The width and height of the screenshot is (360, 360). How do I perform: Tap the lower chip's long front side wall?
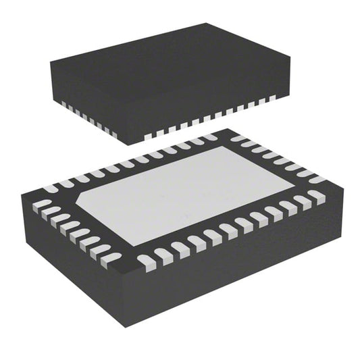[236, 270]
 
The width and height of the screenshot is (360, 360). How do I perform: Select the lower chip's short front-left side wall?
[74, 270]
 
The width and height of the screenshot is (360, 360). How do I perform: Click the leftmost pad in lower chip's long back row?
[50, 188]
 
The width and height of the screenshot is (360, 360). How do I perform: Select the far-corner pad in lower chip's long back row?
[210, 137]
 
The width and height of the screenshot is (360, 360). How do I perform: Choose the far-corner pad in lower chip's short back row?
[238, 138]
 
